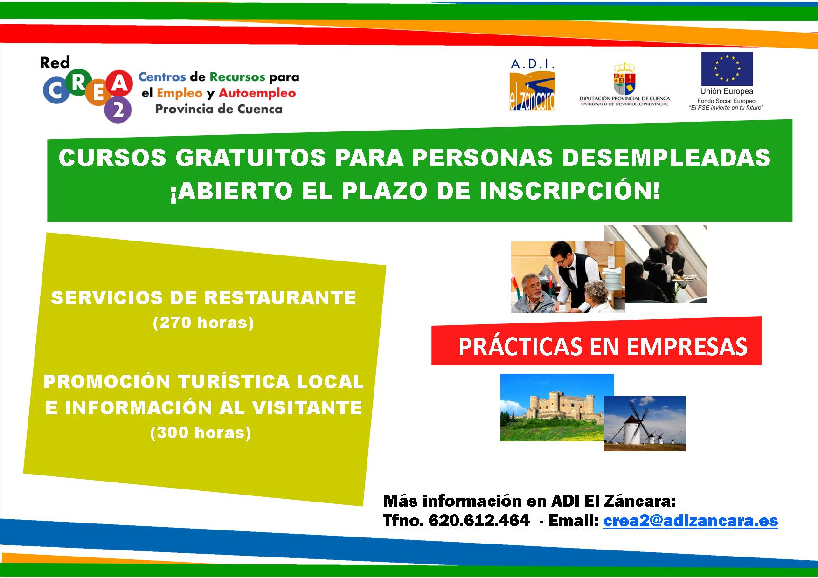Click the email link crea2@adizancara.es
tap(690, 520)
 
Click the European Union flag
tap(727, 69)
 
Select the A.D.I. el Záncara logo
tap(533, 85)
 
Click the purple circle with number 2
tap(118, 111)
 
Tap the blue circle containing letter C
tap(55, 91)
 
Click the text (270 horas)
tap(203, 323)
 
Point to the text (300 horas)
tap(201, 433)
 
